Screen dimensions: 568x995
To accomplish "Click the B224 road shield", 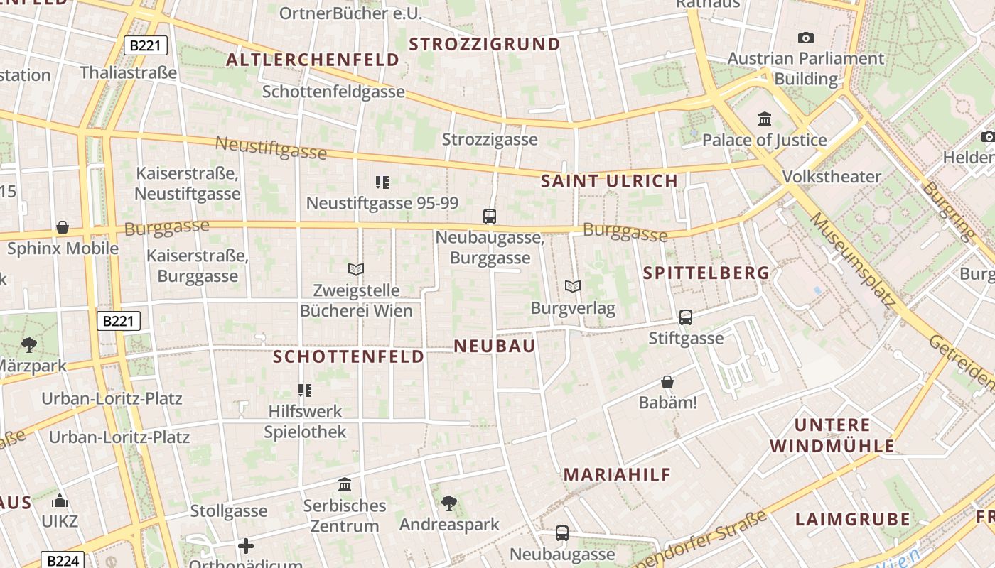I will (x=62, y=561).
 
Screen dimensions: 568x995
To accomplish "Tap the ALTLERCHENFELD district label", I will (x=313, y=60).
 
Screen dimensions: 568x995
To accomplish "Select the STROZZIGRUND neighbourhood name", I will (x=485, y=44).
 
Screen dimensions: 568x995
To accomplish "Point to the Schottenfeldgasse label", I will (x=333, y=92).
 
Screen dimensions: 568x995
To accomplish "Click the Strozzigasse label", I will (x=490, y=139).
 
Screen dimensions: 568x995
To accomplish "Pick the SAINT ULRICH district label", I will (x=609, y=181).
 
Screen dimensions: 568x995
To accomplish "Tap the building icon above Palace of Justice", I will (x=765, y=119).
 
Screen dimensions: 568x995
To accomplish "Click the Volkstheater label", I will (x=831, y=176).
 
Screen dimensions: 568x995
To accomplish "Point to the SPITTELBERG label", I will (x=706, y=273).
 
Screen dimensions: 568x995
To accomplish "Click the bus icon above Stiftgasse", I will (x=686, y=317).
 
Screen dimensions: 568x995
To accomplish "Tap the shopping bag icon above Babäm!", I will (x=667, y=383).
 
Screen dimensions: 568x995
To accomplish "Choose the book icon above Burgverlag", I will (x=573, y=286).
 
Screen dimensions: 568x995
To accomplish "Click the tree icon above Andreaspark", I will (x=449, y=503).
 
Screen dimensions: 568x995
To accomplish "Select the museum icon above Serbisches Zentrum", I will (x=345, y=485).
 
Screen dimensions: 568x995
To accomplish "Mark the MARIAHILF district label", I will (x=617, y=475).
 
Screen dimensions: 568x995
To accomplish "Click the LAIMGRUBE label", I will (x=852, y=519).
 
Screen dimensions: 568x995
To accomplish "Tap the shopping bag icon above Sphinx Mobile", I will (x=63, y=227).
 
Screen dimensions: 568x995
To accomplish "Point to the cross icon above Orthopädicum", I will (x=246, y=546).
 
